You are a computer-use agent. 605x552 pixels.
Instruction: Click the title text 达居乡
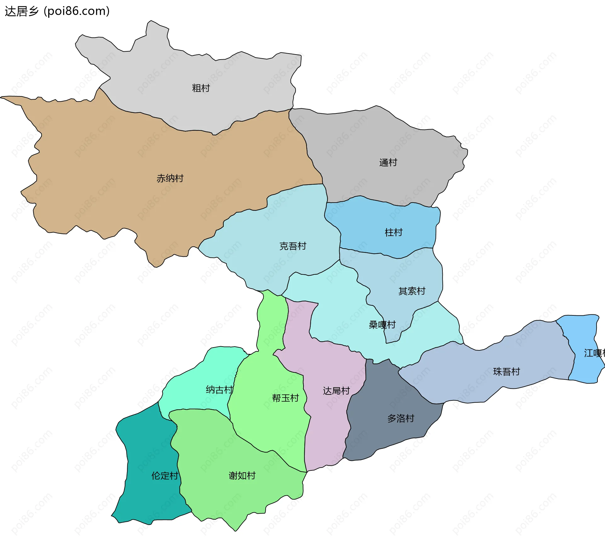click(21, 11)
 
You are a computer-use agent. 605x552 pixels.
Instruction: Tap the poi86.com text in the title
click(77, 11)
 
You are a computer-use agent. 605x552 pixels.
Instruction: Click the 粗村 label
click(201, 88)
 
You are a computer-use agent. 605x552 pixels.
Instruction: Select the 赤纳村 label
click(170, 178)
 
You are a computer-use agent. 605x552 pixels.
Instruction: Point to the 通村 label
click(388, 163)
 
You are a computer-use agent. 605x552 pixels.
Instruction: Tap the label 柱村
click(393, 233)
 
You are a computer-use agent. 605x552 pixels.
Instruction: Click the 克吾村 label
click(293, 246)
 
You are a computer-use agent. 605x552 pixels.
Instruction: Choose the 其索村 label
click(412, 291)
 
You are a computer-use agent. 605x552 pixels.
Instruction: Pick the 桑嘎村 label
click(382, 325)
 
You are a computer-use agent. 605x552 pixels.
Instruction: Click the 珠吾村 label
click(506, 372)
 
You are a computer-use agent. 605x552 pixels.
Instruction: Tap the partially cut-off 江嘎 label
click(594, 353)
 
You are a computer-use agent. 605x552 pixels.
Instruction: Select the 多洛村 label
click(400, 418)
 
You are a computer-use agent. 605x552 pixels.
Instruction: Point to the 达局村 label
click(336, 391)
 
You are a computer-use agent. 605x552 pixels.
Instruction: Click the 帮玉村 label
click(285, 398)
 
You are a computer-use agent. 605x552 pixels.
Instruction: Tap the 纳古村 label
click(219, 390)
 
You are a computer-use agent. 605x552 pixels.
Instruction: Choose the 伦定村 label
click(164, 476)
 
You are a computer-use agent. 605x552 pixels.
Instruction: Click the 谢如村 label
click(242, 476)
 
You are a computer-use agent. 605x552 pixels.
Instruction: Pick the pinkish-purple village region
click(325, 435)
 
